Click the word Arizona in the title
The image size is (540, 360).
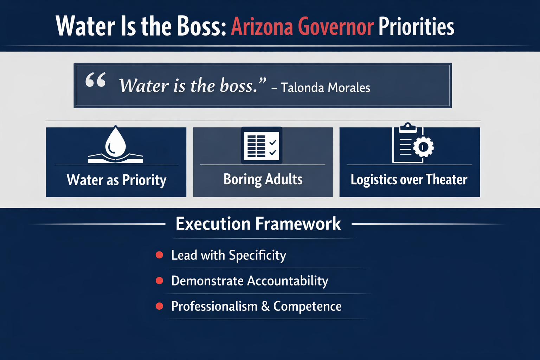[x=262, y=27]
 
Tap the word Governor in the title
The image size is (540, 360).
[x=335, y=27]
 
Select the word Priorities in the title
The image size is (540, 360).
[x=416, y=27]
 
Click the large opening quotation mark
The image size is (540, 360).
[x=96, y=80]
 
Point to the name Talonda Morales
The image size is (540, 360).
[x=325, y=88]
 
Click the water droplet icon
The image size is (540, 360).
[x=115, y=142]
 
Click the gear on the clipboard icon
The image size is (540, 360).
[x=423, y=147]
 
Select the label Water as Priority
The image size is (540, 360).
[x=116, y=180]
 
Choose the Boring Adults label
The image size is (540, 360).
[x=263, y=179]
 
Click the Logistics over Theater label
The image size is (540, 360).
[x=409, y=180]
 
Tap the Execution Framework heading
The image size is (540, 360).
[x=258, y=224]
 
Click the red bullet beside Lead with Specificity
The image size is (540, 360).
[x=159, y=255]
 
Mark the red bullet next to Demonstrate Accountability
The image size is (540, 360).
[x=159, y=281]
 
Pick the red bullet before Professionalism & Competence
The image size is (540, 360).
[x=159, y=306]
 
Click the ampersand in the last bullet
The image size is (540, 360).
[x=265, y=306]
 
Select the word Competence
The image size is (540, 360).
[x=307, y=307]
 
